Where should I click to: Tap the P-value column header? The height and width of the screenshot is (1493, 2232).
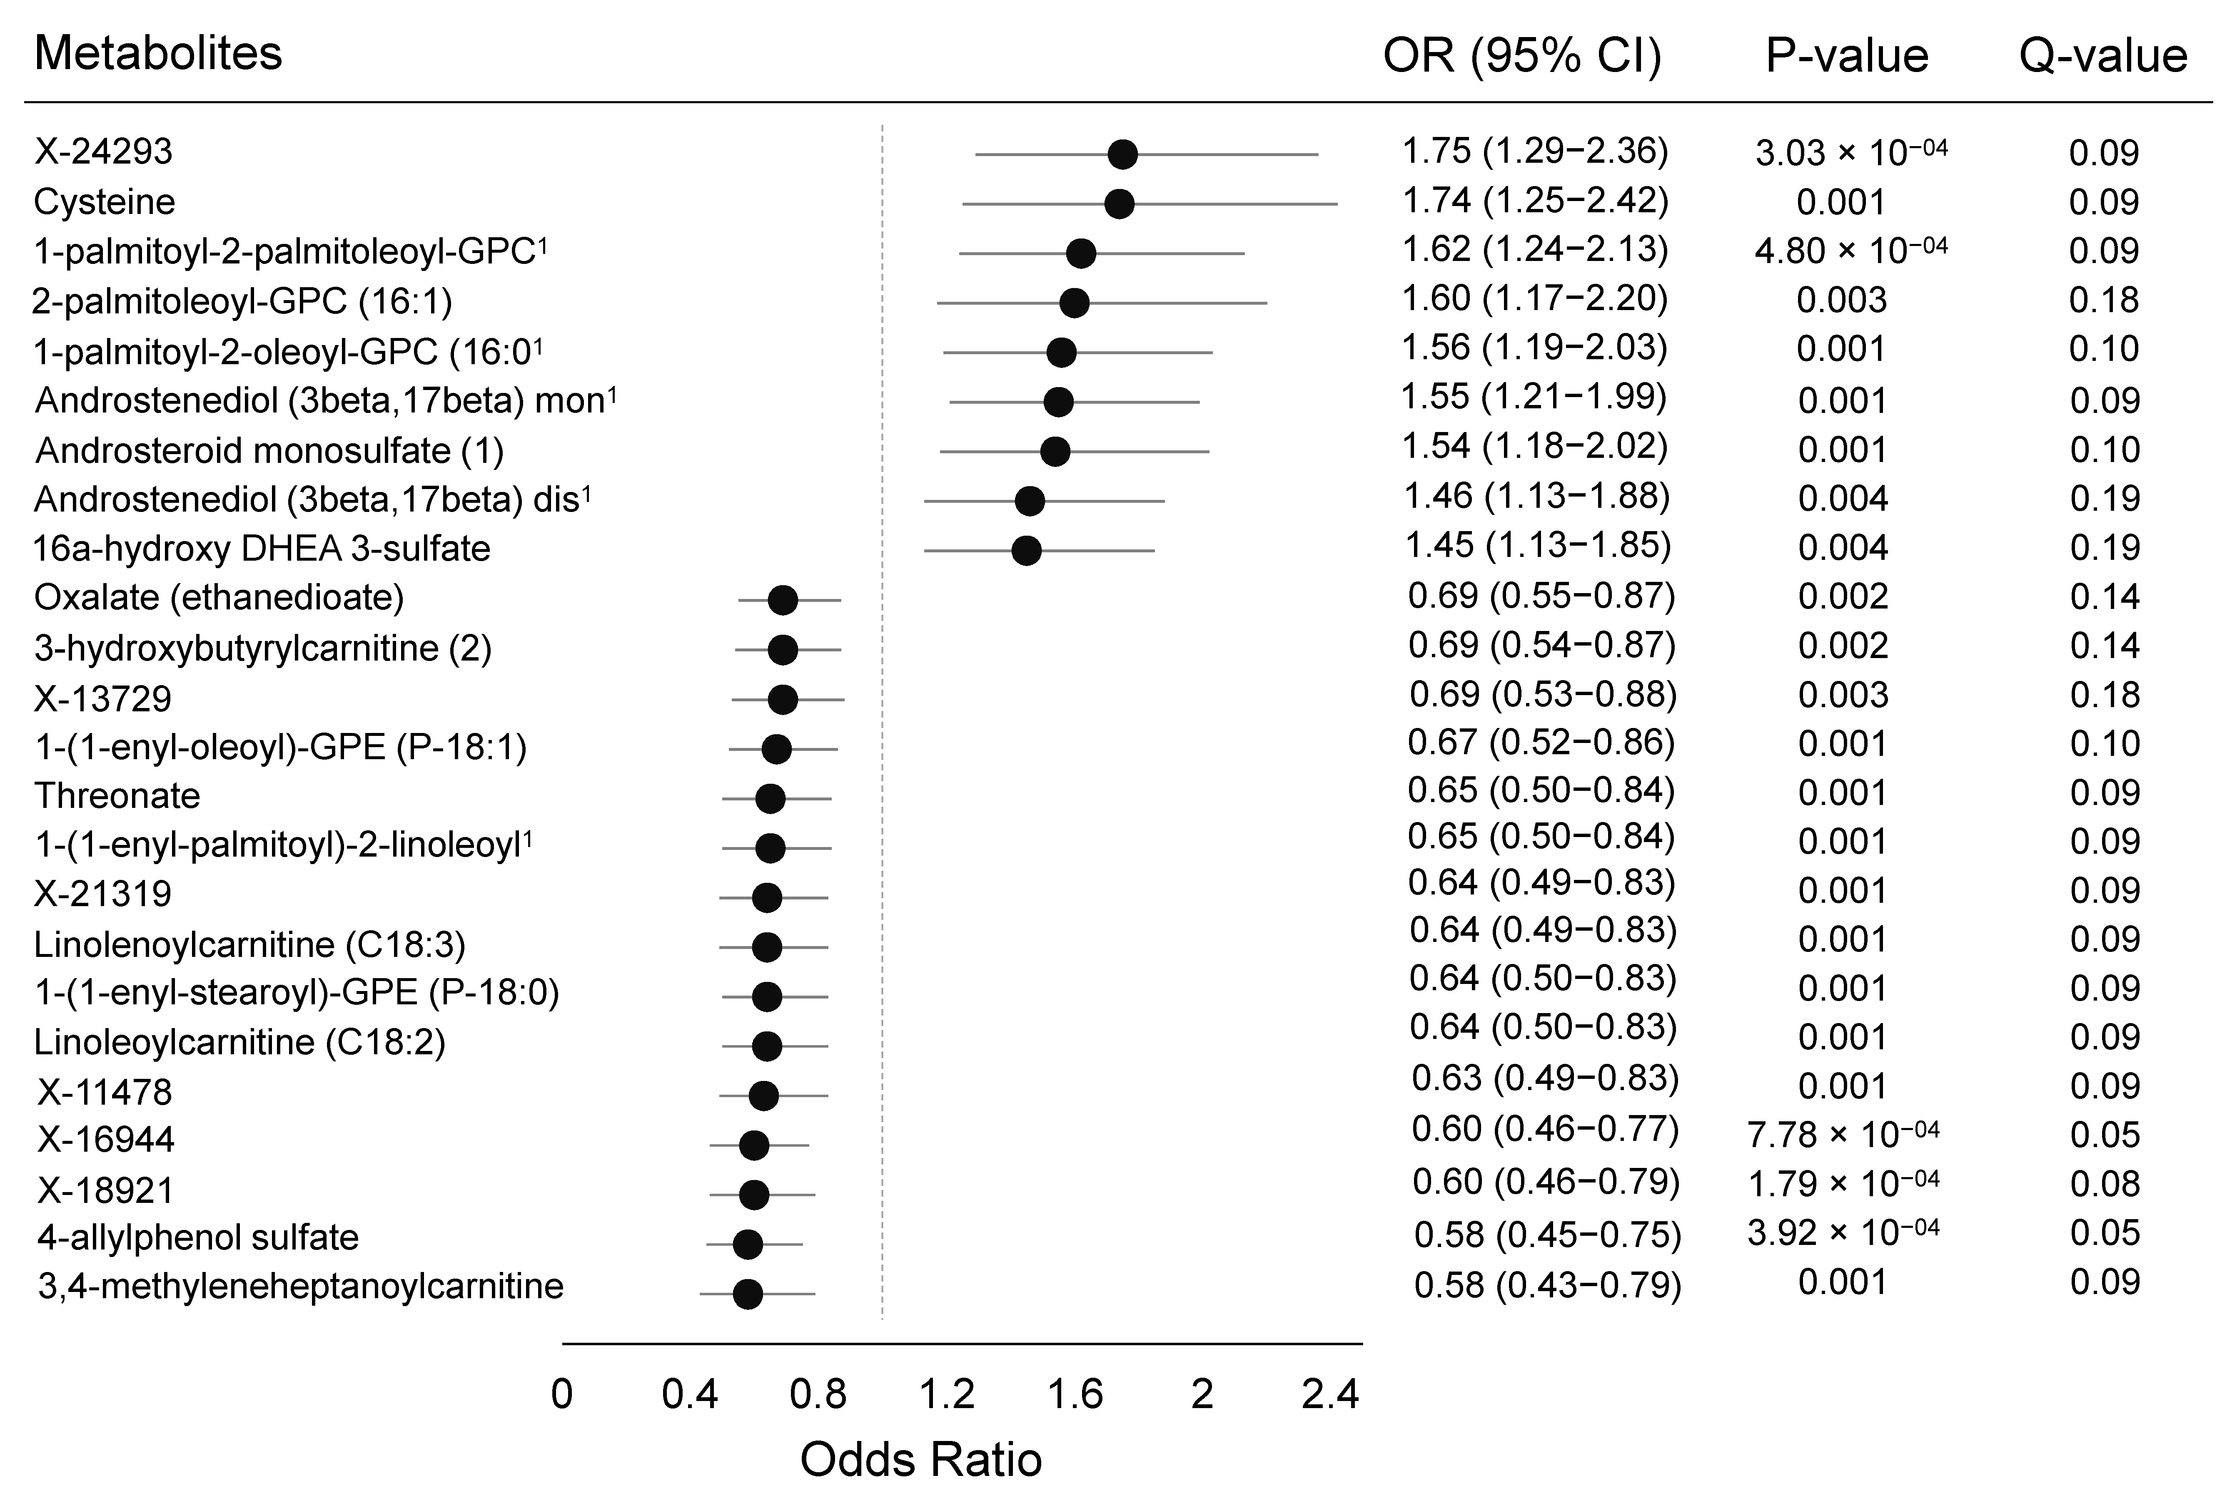[x=1846, y=56]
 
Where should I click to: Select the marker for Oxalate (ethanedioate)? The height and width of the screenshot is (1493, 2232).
[x=782, y=600]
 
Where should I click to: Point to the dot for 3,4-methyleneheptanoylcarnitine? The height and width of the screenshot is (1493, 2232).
[x=748, y=1294]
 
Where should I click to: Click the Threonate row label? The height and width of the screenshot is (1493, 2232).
[x=117, y=795]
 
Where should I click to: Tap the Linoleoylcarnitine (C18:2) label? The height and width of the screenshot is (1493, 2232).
[x=239, y=1042]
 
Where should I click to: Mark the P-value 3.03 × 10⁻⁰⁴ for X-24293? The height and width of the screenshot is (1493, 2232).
[x=1850, y=152]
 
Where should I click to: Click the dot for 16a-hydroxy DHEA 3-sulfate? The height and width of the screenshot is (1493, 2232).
[x=1026, y=550]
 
